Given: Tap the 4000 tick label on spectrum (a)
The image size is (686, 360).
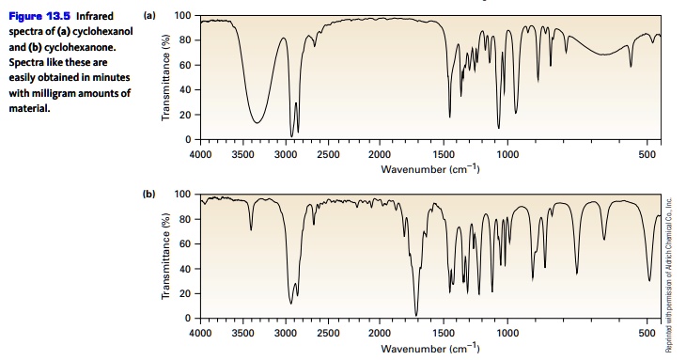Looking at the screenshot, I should coord(200,153).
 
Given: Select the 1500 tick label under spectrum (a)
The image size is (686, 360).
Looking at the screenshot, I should coord(444,153).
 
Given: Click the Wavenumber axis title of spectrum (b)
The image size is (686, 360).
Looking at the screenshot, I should coord(430,348).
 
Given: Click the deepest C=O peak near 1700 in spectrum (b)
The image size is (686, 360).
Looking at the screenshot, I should coord(416,315).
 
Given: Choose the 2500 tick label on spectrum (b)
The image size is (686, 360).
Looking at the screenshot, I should coord(328,333).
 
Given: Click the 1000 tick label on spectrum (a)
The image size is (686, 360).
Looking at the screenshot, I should coord(508,153).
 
